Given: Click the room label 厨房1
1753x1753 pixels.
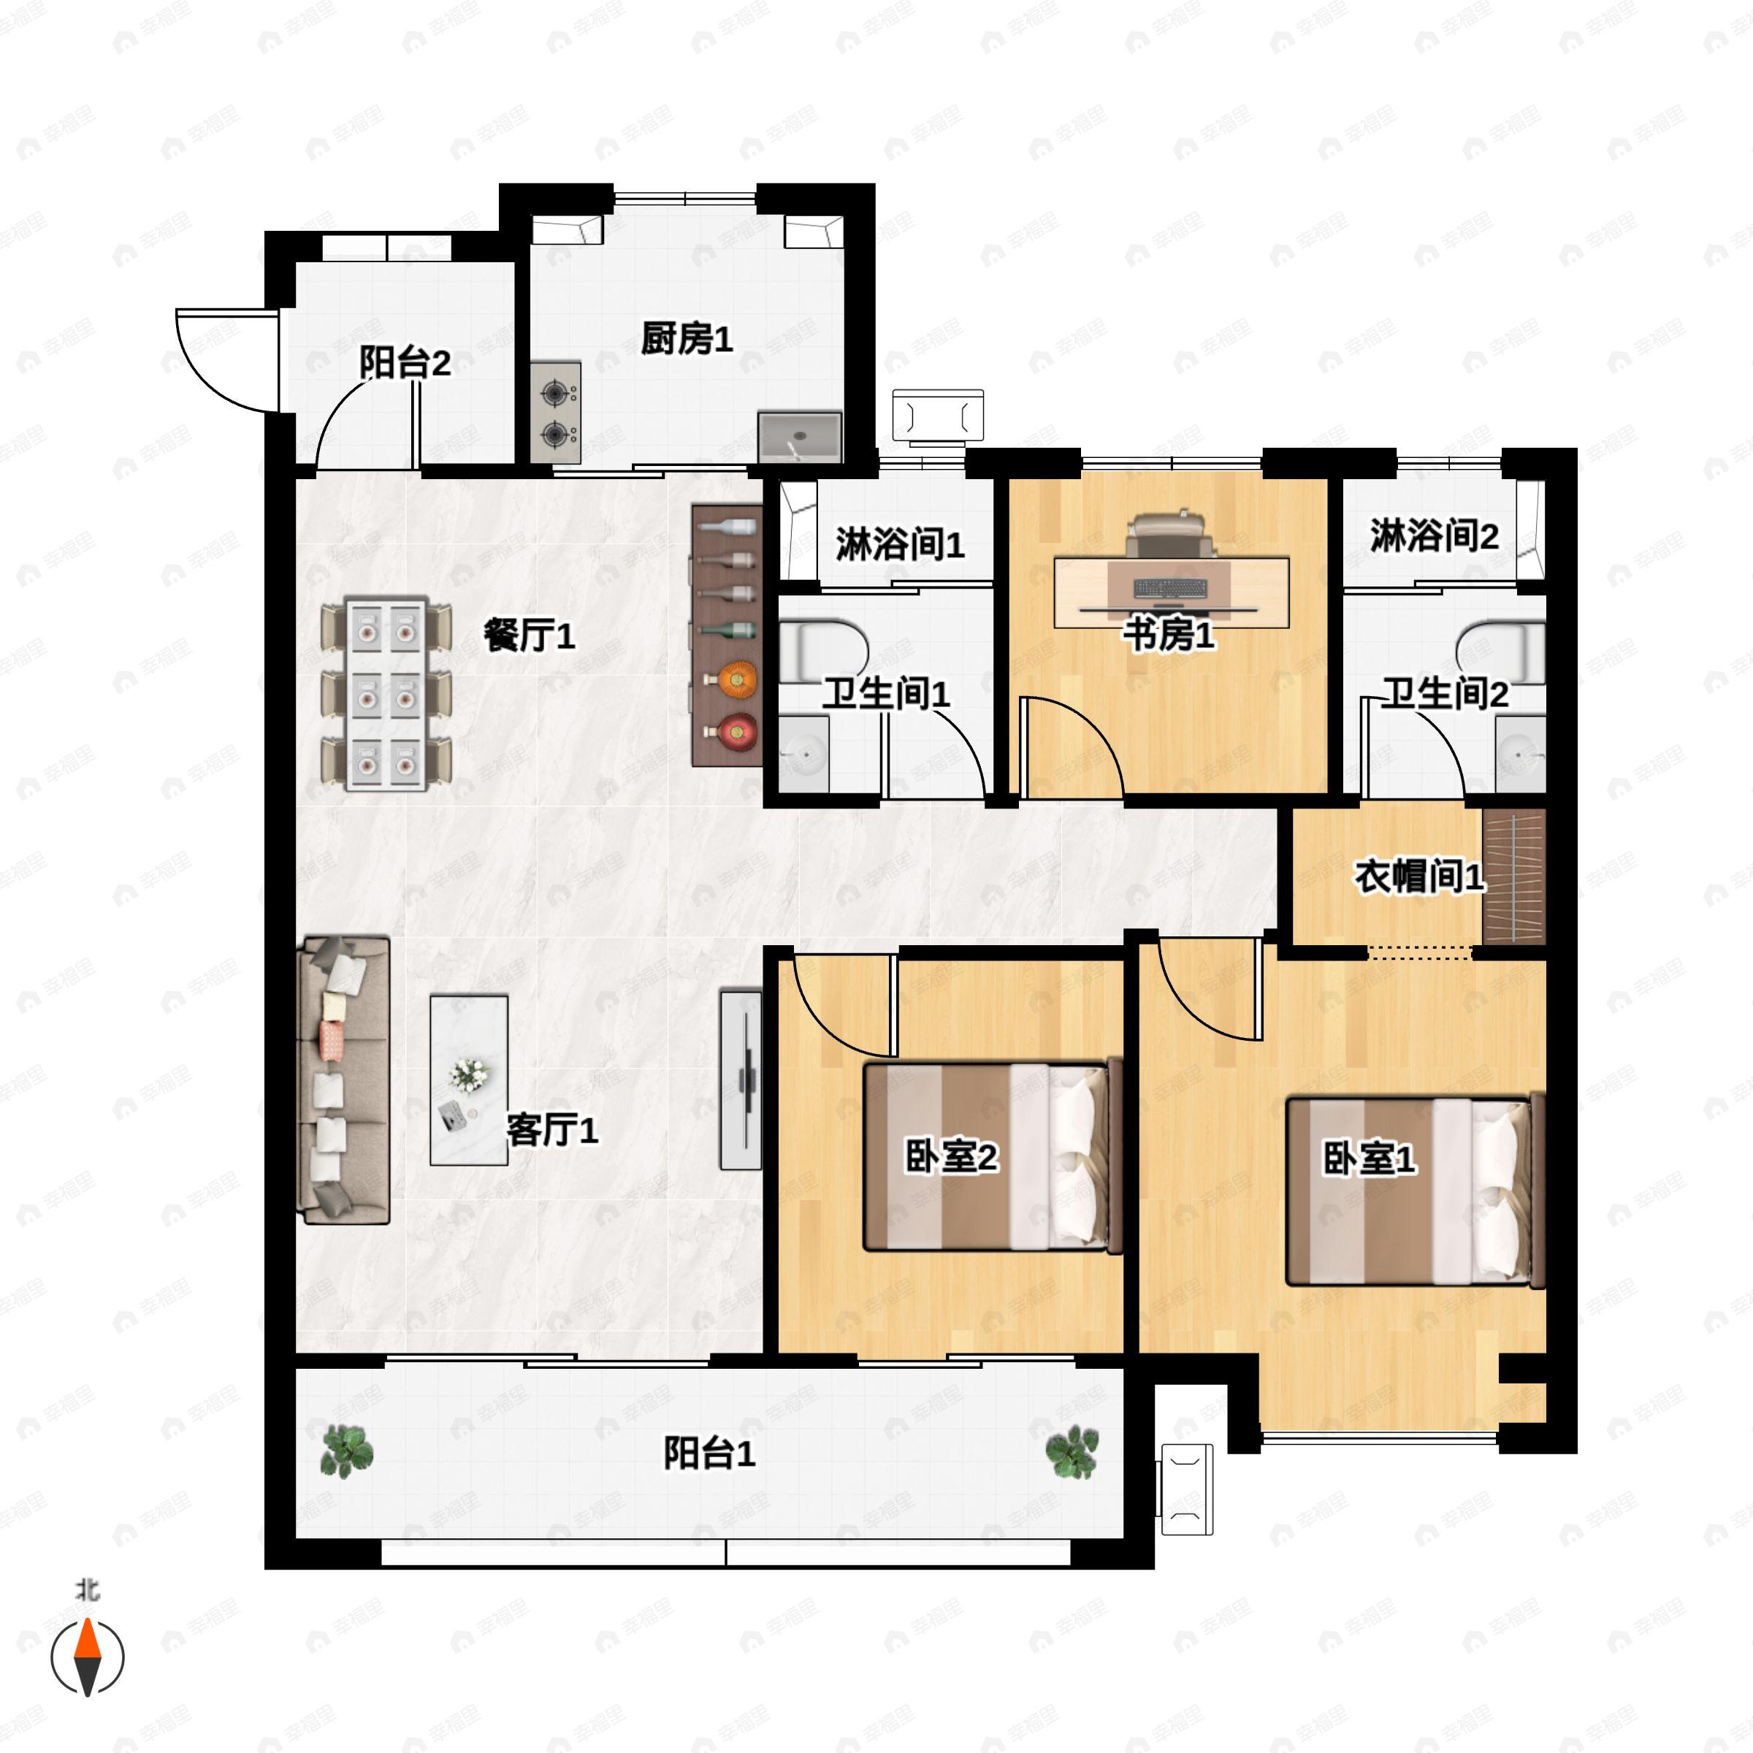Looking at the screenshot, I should [x=686, y=340].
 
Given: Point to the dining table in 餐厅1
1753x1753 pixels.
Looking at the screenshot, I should [x=386, y=693].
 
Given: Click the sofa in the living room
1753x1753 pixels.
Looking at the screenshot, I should [x=345, y=1080].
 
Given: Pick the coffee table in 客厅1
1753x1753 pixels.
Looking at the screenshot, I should [x=468, y=1080].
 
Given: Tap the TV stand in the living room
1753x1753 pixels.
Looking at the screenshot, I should [x=741, y=1079].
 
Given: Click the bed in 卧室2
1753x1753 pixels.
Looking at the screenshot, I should [x=993, y=1157].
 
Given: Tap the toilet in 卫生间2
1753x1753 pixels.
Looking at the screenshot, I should [x=1502, y=652].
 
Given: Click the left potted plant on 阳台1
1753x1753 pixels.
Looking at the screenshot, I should [x=347, y=1450].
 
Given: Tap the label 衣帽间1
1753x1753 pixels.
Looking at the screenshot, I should [x=1419, y=876].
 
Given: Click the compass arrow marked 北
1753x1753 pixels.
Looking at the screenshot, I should [x=87, y=1657].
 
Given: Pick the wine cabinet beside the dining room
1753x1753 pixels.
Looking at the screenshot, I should [x=726, y=635].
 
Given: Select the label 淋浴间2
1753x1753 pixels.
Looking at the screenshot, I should [x=1434, y=536].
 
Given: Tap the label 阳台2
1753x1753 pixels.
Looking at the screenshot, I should [x=405, y=363].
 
